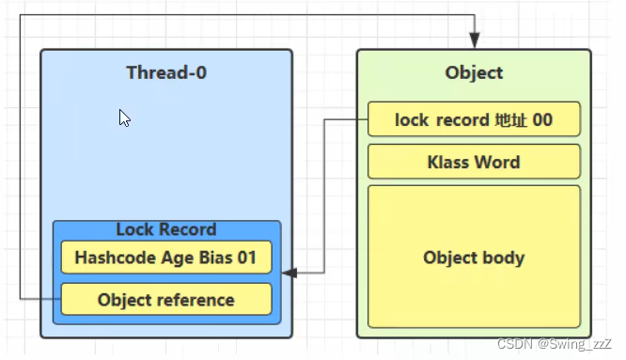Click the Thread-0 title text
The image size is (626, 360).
click(166, 72)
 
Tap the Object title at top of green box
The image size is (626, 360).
click(474, 73)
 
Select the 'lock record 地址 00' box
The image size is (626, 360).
click(474, 119)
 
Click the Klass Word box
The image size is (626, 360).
click(474, 162)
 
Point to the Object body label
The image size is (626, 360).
click(474, 258)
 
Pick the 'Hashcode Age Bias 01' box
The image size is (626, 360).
click(166, 258)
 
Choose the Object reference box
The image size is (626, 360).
click(166, 299)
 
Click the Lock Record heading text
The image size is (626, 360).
click(166, 229)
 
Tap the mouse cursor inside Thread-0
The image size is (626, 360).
click(124, 117)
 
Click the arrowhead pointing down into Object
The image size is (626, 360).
click(475, 40)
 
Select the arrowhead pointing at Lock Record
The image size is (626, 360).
click(290, 273)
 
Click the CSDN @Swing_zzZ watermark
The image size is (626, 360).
click(555, 344)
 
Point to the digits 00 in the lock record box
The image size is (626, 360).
click(542, 119)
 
